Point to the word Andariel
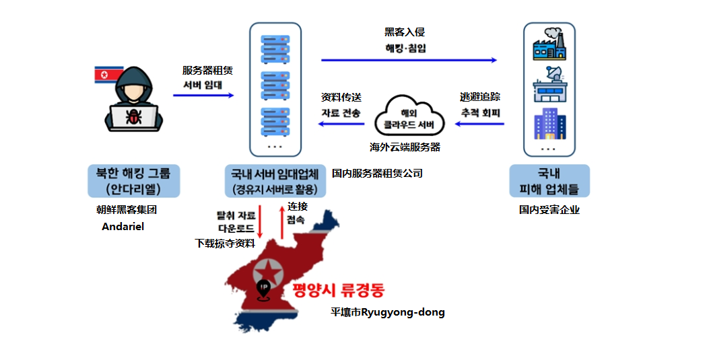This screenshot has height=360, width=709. pos(123,227)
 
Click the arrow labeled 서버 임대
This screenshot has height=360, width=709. pos(203,96)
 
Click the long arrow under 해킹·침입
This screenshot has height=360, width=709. pos(409,61)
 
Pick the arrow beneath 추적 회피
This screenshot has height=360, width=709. pos(479,124)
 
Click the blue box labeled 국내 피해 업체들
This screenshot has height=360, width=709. pos(549,180)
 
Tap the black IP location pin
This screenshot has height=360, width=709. pos(263,289)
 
